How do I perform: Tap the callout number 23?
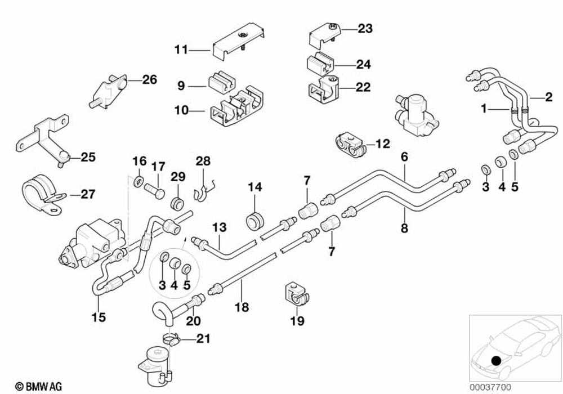coord(365,29)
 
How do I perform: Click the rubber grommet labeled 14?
coord(255,220)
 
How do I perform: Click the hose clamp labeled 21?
coord(172,339)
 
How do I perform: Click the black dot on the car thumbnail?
coord(496,361)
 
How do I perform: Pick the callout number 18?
coord(242,307)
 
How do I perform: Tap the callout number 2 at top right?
coord(548,97)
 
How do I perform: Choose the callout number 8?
coord(404,228)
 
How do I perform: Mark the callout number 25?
coord(88,158)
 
